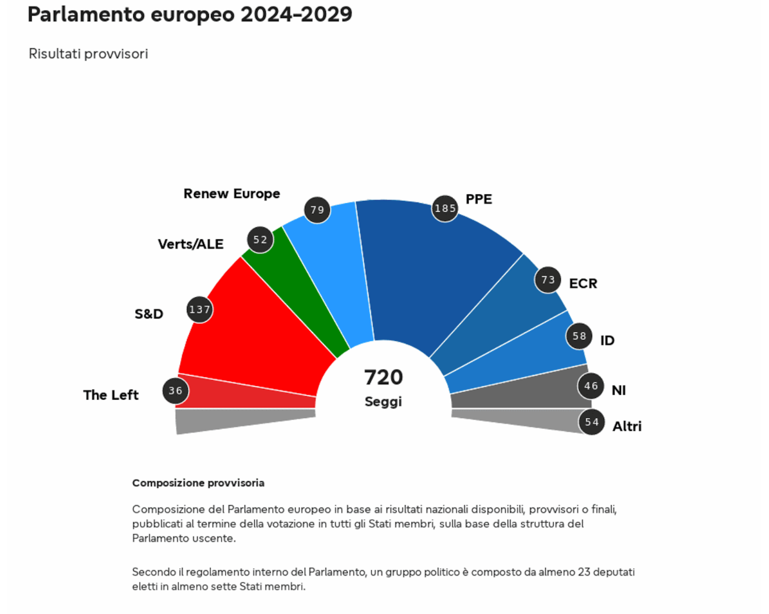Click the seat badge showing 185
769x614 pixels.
[445, 208]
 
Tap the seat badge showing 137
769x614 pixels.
[199, 309]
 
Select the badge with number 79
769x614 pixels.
[317, 210]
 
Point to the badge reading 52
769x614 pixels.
[260, 240]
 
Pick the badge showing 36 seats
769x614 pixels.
[175, 391]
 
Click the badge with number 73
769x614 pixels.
[548, 280]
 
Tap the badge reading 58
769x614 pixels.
[579, 336]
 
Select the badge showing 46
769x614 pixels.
[591, 386]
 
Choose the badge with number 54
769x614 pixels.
[592, 422]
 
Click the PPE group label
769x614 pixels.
[479, 199]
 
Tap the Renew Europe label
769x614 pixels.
[232, 193]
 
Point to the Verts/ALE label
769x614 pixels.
[191, 244]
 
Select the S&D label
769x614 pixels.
[149, 314]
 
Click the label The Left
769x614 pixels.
[111, 395]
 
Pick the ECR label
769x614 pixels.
[583, 283]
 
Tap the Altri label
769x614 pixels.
[627, 426]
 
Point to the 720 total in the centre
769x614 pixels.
[384, 377]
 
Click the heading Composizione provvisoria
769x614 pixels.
[198, 483]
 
